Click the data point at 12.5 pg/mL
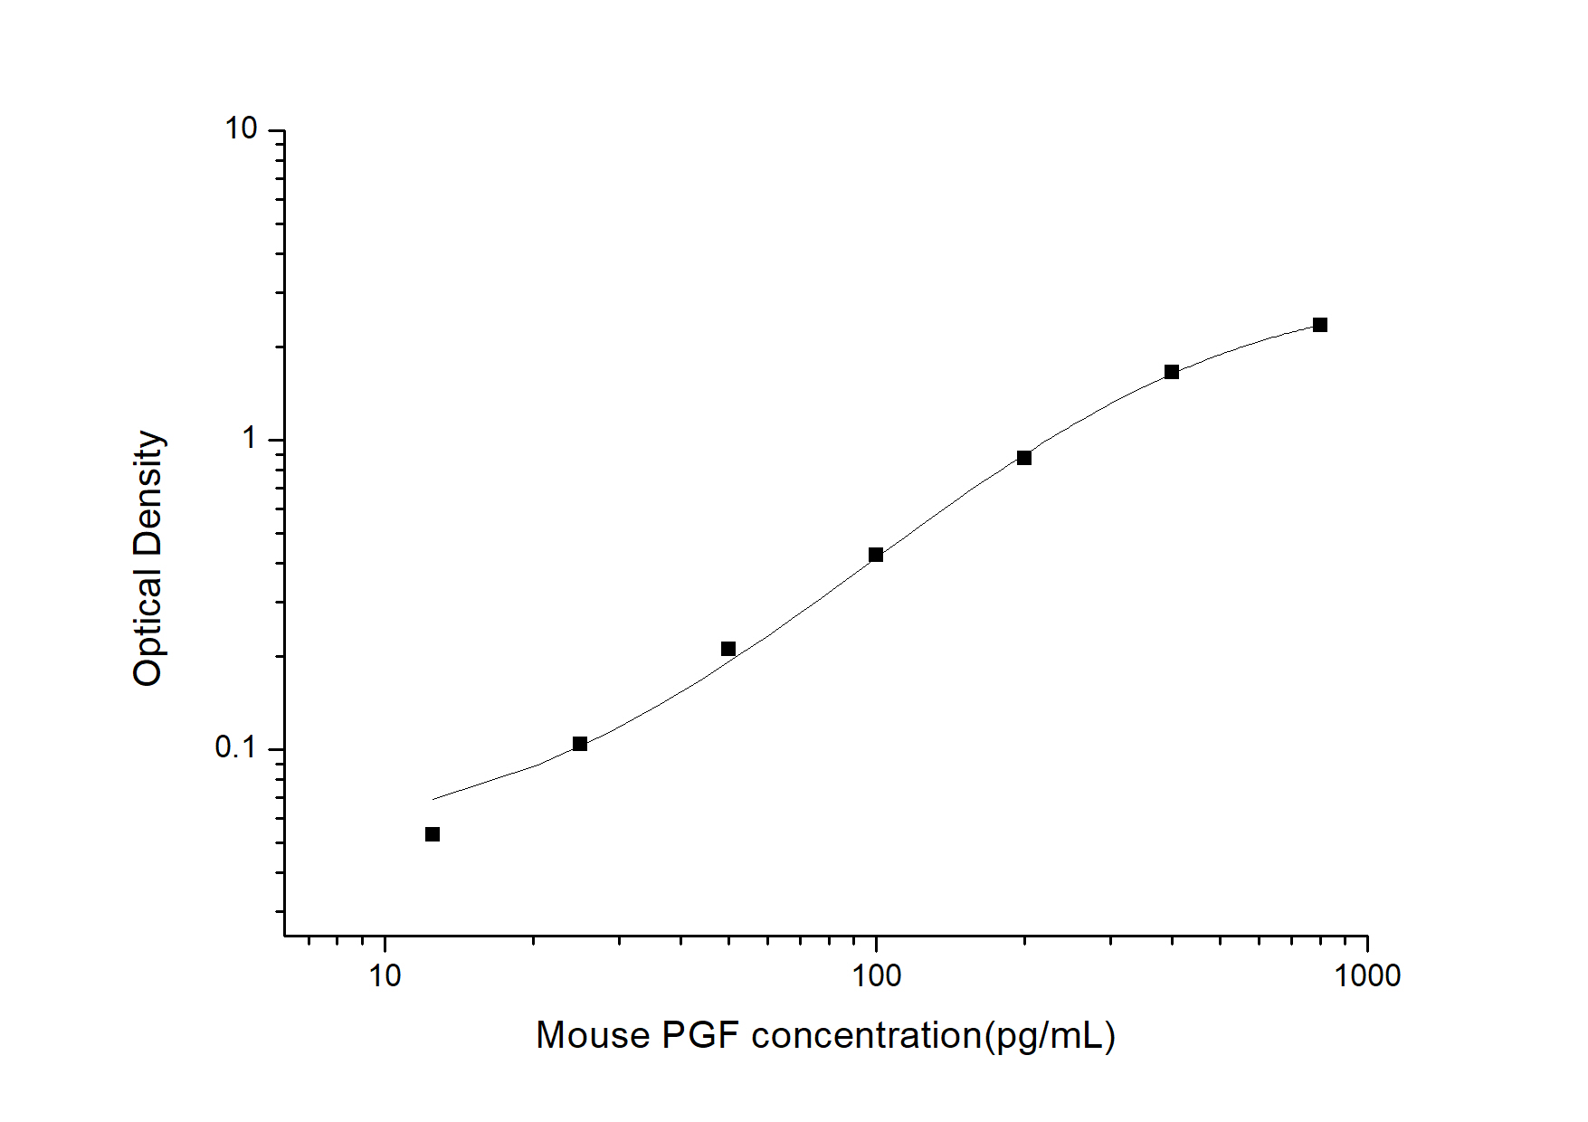click(x=433, y=834)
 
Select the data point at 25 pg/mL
click(x=580, y=744)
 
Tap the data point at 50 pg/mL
click(x=728, y=649)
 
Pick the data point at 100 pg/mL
click(x=876, y=555)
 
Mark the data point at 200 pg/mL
click(x=1024, y=458)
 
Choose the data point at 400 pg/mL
click(x=1172, y=372)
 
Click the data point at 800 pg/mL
click(x=1320, y=325)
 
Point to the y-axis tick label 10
click(x=241, y=130)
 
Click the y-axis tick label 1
click(x=250, y=440)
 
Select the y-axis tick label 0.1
click(x=237, y=748)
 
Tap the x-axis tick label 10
click(x=385, y=976)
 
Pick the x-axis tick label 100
click(x=876, y=976)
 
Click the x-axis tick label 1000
click(x=1366, y=976)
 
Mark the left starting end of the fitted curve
click(x=434, y=799)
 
